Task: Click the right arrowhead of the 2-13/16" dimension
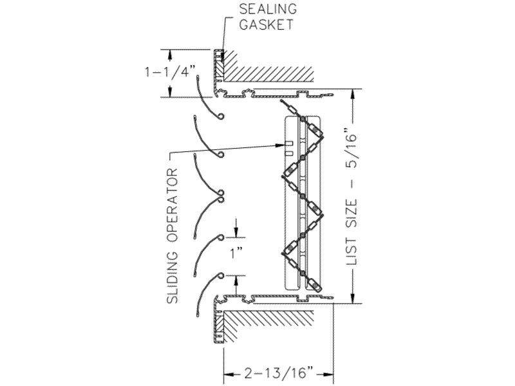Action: click(328, 372)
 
